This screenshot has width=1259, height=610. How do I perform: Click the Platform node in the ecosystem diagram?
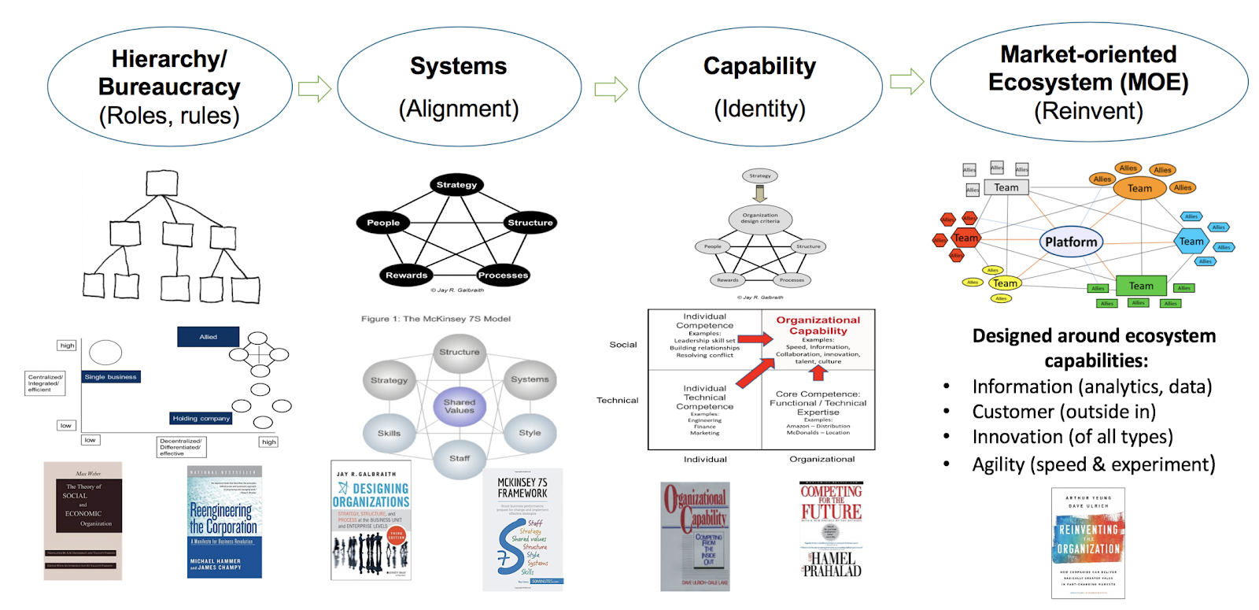(x=1070, y=242)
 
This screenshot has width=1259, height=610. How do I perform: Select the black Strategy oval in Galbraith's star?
(x=456, y=185)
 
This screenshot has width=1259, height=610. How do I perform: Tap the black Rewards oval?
(x=406, y=275)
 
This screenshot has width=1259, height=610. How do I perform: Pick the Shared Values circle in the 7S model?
(x=459, y=406)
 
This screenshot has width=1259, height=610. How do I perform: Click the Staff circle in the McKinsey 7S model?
(x=460, y=458)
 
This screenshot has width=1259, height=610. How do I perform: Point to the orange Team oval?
(x=1139, y=188)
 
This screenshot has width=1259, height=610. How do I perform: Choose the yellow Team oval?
(x=1005, y=283)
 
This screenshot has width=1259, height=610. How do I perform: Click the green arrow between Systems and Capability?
(x=611, y=89)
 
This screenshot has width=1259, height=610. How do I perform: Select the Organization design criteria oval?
(x=759, y=218)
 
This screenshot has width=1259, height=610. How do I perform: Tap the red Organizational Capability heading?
(x=818, y=325)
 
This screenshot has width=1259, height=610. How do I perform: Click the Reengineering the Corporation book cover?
(x=224, y=522)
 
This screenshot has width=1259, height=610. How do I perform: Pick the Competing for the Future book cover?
(x=831, y=531)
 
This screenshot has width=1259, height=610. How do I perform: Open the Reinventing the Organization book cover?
(x=1087, y=543)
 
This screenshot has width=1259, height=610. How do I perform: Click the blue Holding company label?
(x=201, y=418)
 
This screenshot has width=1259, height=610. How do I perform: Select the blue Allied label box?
(x=208, y=337)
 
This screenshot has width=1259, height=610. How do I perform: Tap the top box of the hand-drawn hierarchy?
(x=161, y=183)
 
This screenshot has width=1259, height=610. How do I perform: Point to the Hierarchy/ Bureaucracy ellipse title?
(x=169, y=72)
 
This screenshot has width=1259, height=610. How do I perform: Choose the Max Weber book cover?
(x=83, y=521)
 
